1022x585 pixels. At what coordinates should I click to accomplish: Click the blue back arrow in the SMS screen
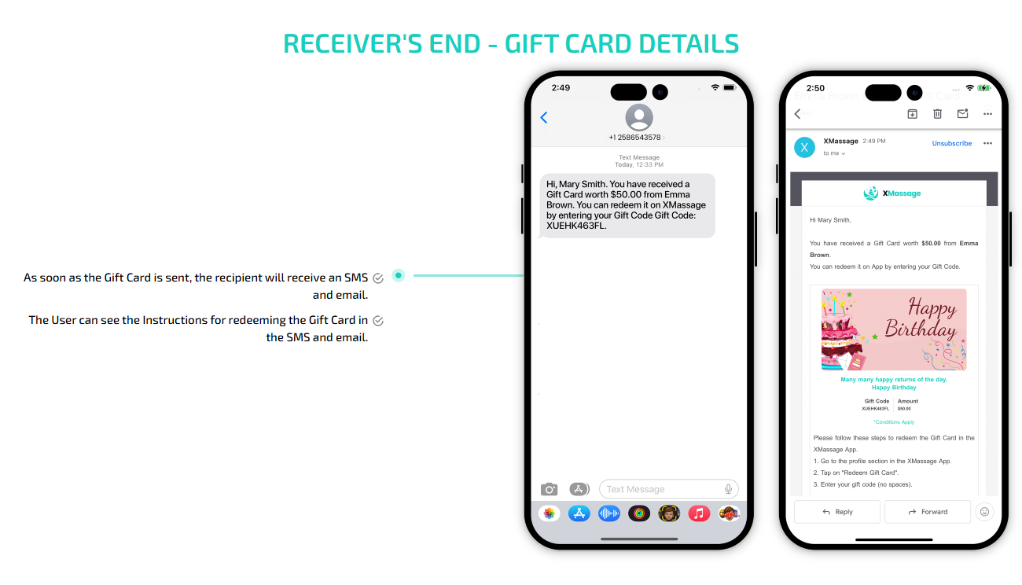point(543,118)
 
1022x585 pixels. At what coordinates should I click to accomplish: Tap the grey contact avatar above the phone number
point(639,118)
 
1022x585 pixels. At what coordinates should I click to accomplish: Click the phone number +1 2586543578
point(634,138)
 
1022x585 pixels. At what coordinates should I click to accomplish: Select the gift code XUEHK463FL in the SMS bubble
point(576,226)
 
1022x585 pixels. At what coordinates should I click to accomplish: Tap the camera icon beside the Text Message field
point(549,489)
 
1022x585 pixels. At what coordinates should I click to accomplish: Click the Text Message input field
point(660,489)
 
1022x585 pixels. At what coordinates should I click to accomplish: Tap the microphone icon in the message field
point(728,489)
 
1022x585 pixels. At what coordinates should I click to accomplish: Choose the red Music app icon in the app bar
point(699,513)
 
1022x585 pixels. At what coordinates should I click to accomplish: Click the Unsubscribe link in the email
point(951,144)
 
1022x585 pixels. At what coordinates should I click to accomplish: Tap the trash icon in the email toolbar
point(937,114)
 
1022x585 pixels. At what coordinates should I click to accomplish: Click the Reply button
point(837,512)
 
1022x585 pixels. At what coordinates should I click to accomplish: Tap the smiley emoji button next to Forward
point(983,512)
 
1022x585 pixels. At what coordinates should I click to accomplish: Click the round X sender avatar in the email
point(804,147)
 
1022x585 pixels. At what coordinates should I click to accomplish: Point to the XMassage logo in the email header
point(892,193)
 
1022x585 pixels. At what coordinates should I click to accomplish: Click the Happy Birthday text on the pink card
point(921,318)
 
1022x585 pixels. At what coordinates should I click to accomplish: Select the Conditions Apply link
point(894,422)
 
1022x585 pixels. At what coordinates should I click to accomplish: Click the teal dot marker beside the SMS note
point(399,275)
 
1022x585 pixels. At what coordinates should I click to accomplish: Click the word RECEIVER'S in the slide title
point(342,44)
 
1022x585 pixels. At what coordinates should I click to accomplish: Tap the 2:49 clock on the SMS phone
point(561,88)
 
